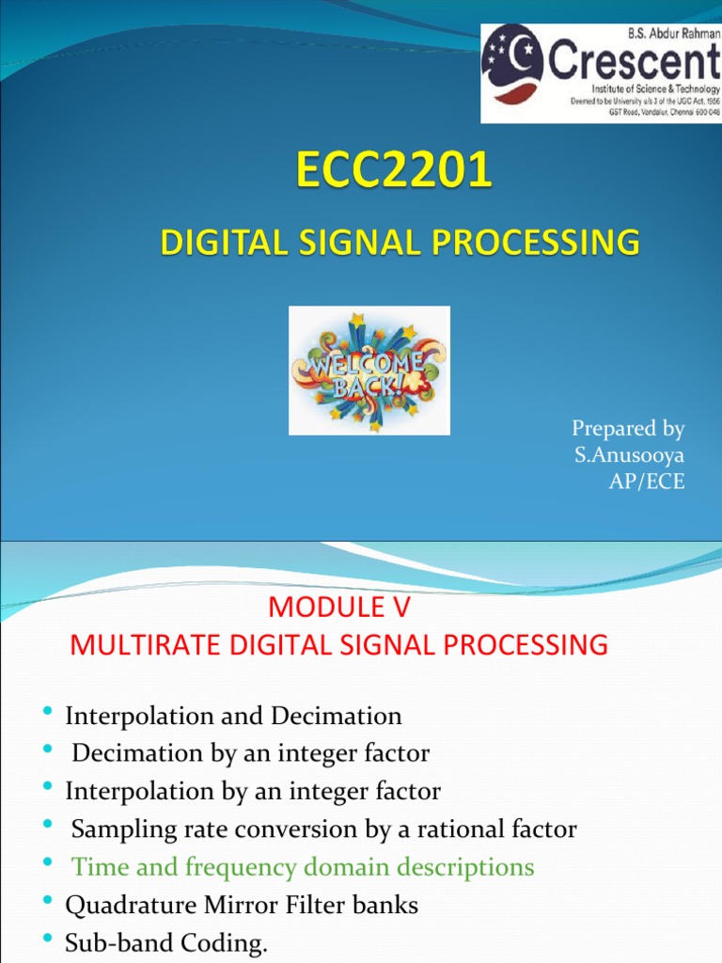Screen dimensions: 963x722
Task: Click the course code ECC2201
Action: pos(394,173)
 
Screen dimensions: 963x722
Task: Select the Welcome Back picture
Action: pos(369,371)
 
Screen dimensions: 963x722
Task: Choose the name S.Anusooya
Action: pos(629,455)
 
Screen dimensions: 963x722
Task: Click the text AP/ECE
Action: pos(648,481)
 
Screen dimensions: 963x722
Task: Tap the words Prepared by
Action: pos(628,429)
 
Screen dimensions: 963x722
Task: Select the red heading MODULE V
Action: pos(339,608)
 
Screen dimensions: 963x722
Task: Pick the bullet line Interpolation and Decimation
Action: pos(233,716)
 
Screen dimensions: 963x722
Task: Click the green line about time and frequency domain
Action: pos(303,866)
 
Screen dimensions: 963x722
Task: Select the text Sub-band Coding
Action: pos(166,942)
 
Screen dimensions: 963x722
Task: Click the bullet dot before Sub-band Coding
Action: pos(48,940)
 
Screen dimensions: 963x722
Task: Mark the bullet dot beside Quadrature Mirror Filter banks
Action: pos(48,903)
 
